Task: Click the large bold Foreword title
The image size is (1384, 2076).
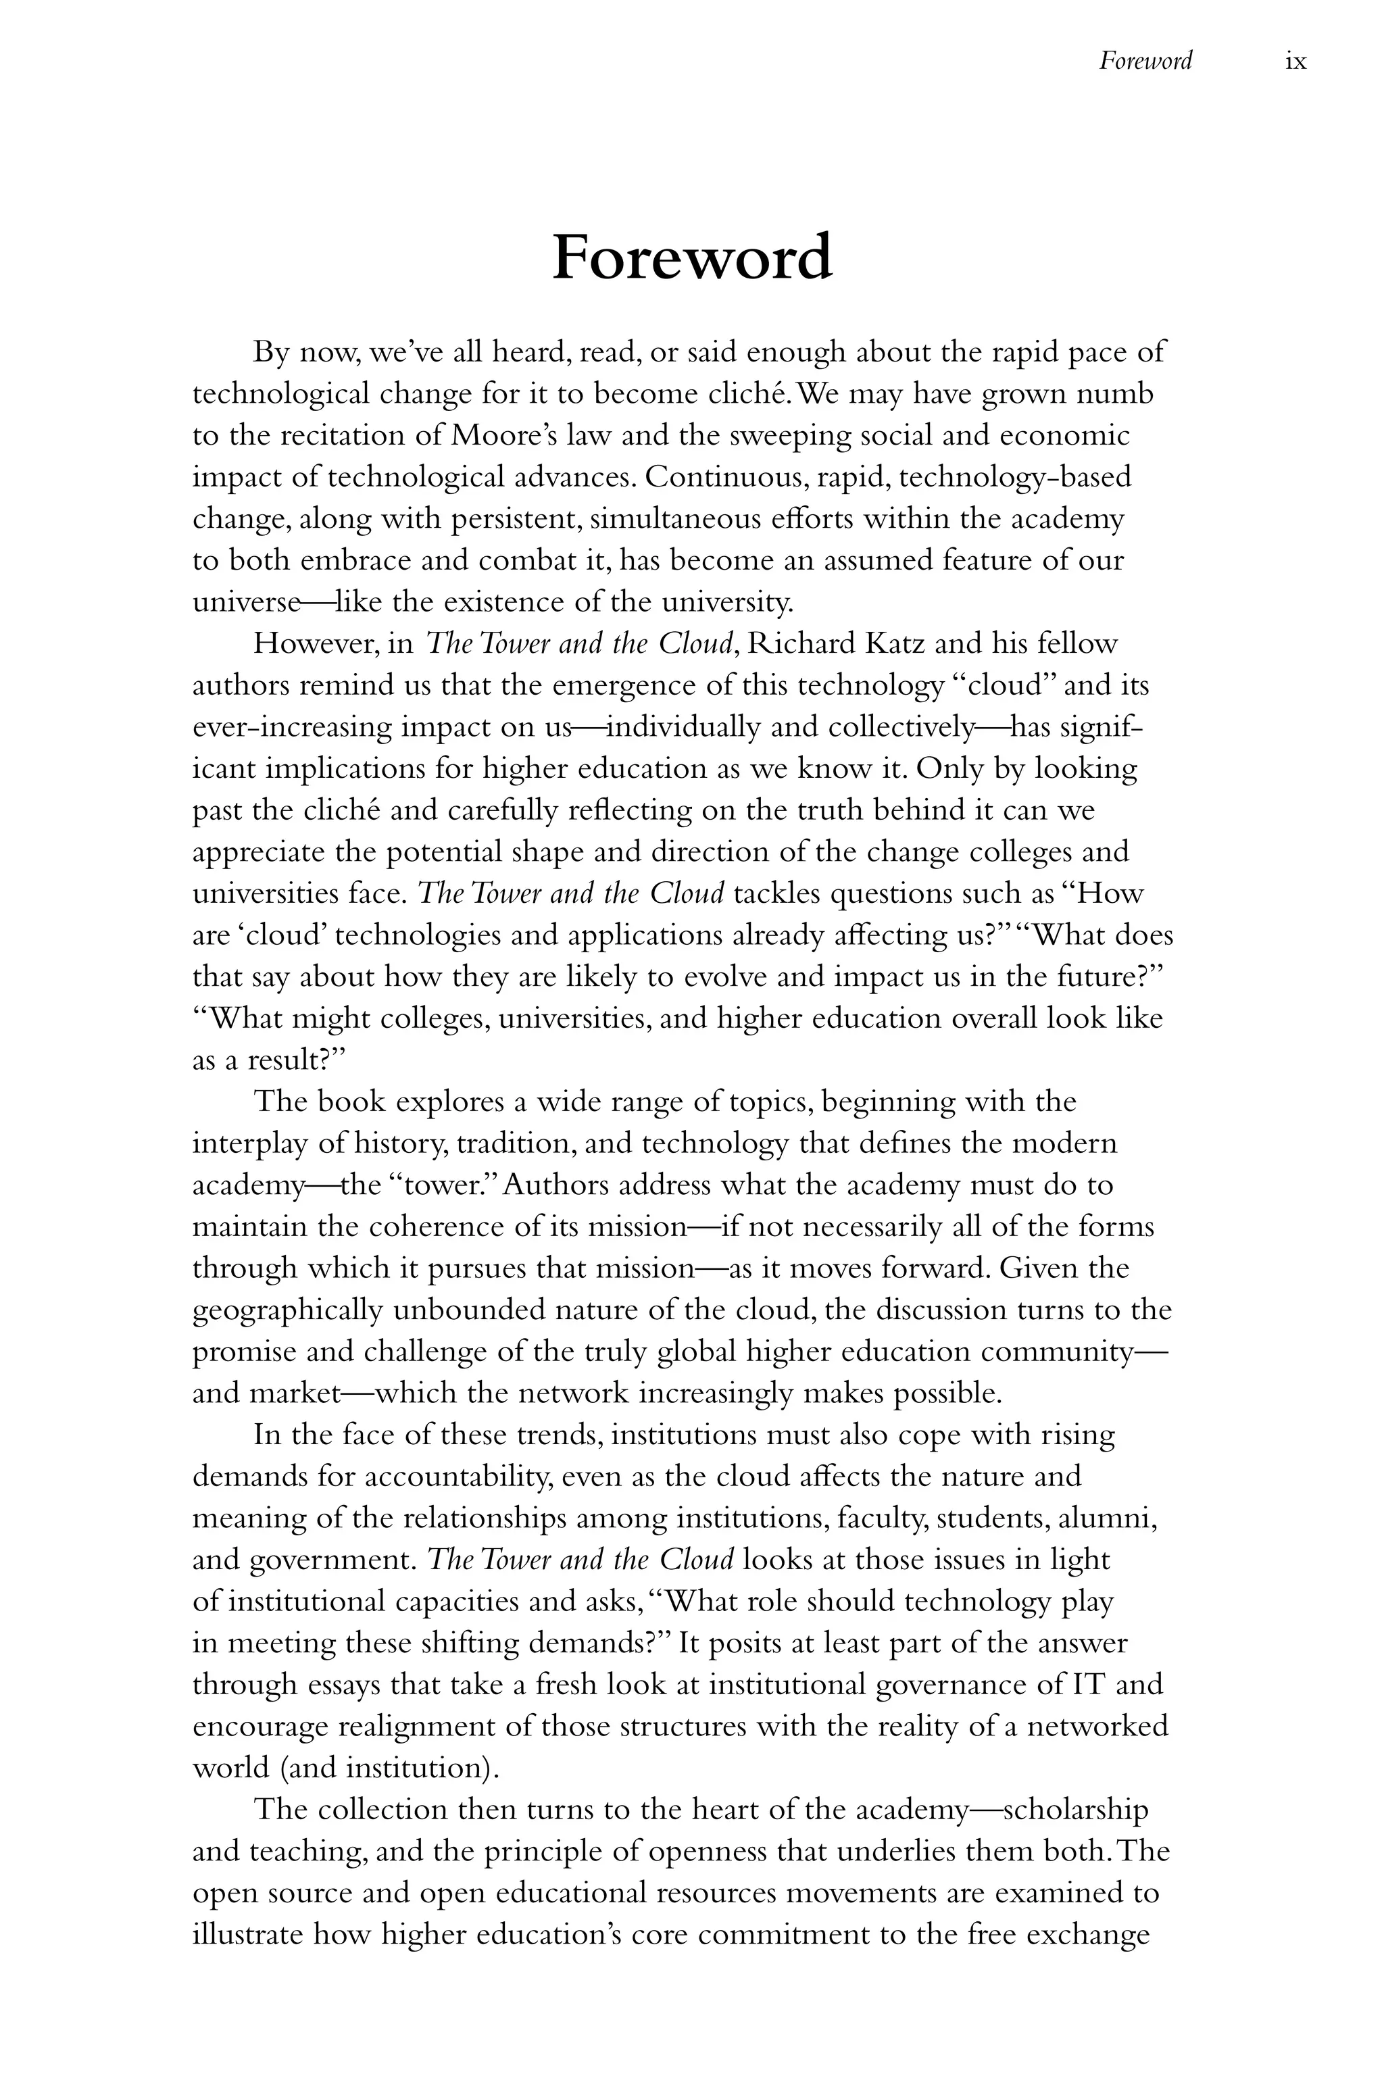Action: (691, 257)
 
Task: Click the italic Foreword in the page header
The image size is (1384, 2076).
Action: (1145, 61)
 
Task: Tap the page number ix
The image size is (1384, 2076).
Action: (1295, 61)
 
